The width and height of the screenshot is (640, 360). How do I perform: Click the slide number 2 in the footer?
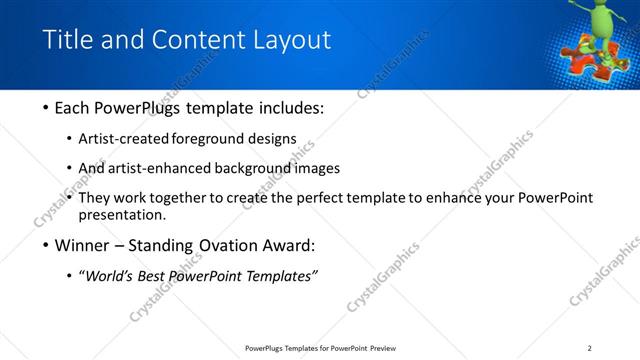pos(589,348)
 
